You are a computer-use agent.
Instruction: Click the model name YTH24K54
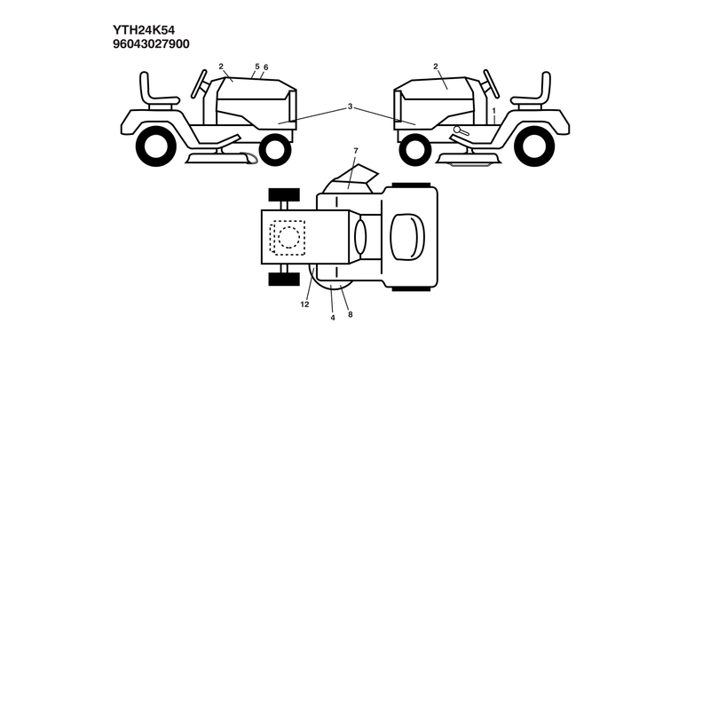point(144,30)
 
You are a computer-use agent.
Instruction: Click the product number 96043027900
point(151,43)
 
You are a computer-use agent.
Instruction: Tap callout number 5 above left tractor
point(257,67)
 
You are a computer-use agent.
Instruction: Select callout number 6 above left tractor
point(265,67)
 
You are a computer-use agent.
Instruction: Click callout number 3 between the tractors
point(350,106)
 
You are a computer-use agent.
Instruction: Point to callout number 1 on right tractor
point(494,110)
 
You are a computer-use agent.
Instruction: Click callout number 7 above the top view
point(356,151)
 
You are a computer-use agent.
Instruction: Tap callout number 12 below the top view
point(304,304)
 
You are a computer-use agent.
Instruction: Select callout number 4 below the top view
point(333,318)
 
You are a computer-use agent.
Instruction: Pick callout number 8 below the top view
point(350,314)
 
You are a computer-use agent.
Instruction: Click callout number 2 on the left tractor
point(221,67)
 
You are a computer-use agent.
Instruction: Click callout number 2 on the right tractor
point(436,67)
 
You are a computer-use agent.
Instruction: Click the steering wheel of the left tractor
point(199,83)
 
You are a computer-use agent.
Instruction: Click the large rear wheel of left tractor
point(156,146)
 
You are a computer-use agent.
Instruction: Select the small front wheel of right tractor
point(415,150)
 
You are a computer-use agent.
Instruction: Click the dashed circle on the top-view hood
point(288,237)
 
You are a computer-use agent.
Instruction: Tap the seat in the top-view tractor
point(407,237)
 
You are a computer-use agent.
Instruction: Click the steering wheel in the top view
point(360,237)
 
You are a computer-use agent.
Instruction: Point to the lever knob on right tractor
point(457,130)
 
